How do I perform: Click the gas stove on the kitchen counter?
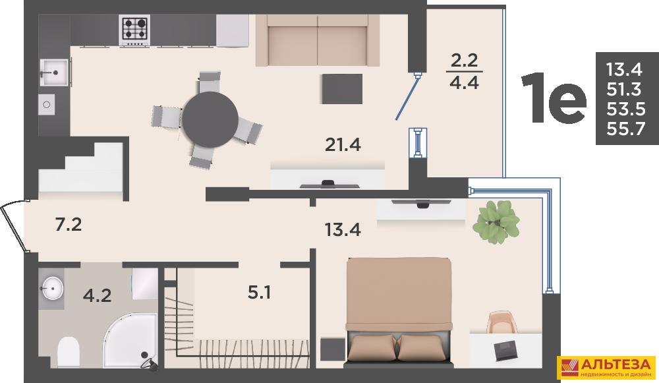(135, 30)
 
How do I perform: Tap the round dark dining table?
(210, 120)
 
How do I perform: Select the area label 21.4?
(343, 144)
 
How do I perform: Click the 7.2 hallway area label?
(69, 225)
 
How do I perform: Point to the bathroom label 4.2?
(97, 295)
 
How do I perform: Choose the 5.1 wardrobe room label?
(259, 292)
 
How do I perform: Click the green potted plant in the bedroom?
(496, 222)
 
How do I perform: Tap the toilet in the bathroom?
(69, 352)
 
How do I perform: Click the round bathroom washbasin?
(53, 289)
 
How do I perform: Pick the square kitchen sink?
(54, 73)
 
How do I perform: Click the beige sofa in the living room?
(318, 40)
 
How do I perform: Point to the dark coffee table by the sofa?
(342, 89)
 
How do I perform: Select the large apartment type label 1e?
(554, 99)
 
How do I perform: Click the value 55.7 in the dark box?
(626, 129)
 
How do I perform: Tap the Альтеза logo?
(606, 368)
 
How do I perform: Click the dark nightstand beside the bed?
(333, 349)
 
